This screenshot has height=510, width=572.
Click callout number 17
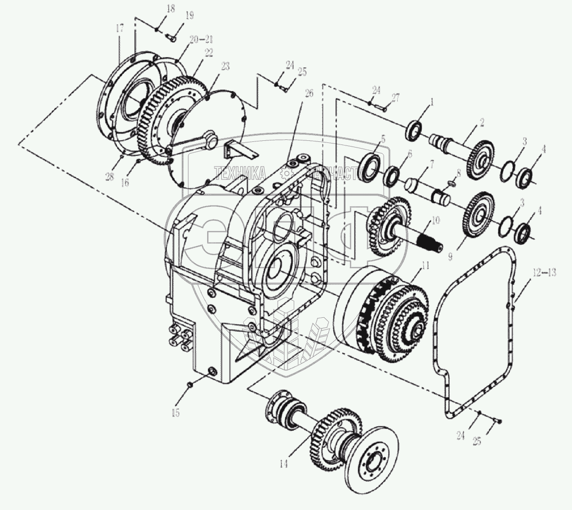[119, 29]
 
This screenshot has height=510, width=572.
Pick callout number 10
[436, 220]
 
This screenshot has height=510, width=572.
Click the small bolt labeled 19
[172, 37]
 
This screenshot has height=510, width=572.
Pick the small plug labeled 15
[190, 384]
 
